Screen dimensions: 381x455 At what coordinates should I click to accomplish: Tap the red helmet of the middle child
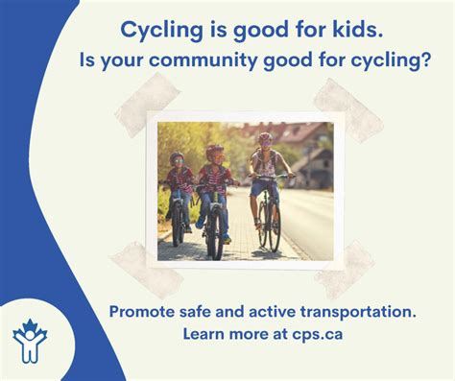point(214,151)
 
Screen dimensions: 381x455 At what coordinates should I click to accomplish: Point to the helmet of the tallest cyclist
point(265,139)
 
